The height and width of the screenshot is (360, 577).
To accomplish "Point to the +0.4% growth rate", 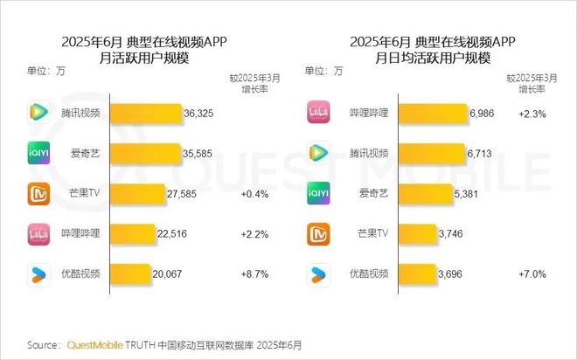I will point(254,194).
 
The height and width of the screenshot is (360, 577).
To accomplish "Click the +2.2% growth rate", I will point(254,233).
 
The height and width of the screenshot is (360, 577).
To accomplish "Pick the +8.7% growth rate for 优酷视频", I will point(254,273).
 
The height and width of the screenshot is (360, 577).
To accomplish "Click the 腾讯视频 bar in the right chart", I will point(430,154).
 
